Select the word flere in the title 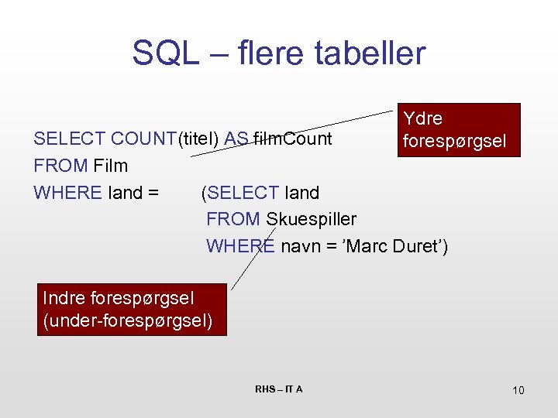pyautogui.click(x=265, y=53)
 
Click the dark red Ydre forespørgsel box pyautogui.click(x=458, y=130)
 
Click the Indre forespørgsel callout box pyautogui.click(x=132, y=310)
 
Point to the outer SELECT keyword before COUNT pyautogui.click(x=70, y=139)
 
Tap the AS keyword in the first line pyautogui.click(x=236, y=139)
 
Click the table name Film pyautogui.click(x=110, y=166)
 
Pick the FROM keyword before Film pyautogui.click(x=60, y=166)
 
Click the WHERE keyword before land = pyautogui.click(x=67, y=192)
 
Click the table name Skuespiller pyautogui.click(x=311, y=219)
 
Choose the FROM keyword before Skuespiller pyautogui.click(x=232, y=219)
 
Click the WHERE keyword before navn pyautogui.click(x=239, y=246)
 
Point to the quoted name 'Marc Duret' pyautogui.click(x=394, y=246)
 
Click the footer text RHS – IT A pyautogui.click(x=278, y=389)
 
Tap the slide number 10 pyautogui.click(x=518, y=390)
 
